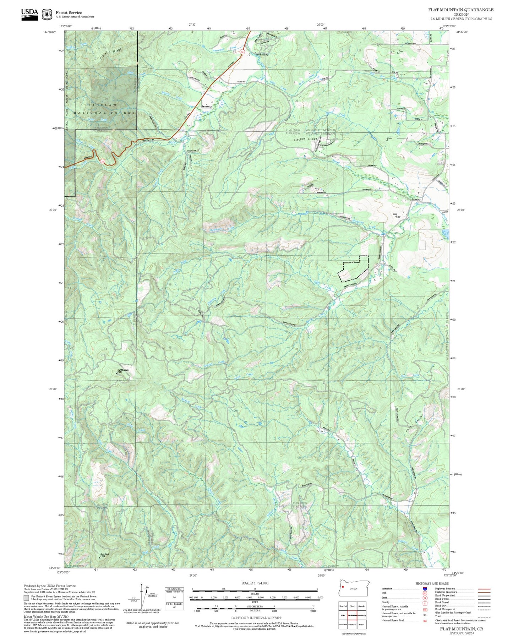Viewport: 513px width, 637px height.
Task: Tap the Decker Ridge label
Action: (x=305, y=140)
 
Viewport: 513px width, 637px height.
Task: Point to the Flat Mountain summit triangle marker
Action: (x=117, y=373)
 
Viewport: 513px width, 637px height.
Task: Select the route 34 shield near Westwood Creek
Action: (x=242, y=52)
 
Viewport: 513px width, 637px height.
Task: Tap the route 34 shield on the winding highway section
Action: (x=103, y=161)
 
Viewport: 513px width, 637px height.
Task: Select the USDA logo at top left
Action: (x=29, y=14)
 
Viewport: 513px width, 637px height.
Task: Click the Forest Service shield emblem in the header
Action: (x=47, y=15)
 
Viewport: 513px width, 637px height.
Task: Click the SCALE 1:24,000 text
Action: (x=255, y=583)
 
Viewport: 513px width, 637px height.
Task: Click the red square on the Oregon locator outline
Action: (x=343, y=587)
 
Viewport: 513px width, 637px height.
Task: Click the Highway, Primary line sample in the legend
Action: (x=484, y=589)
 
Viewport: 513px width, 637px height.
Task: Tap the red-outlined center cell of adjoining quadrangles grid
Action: (x=352, y=615)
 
